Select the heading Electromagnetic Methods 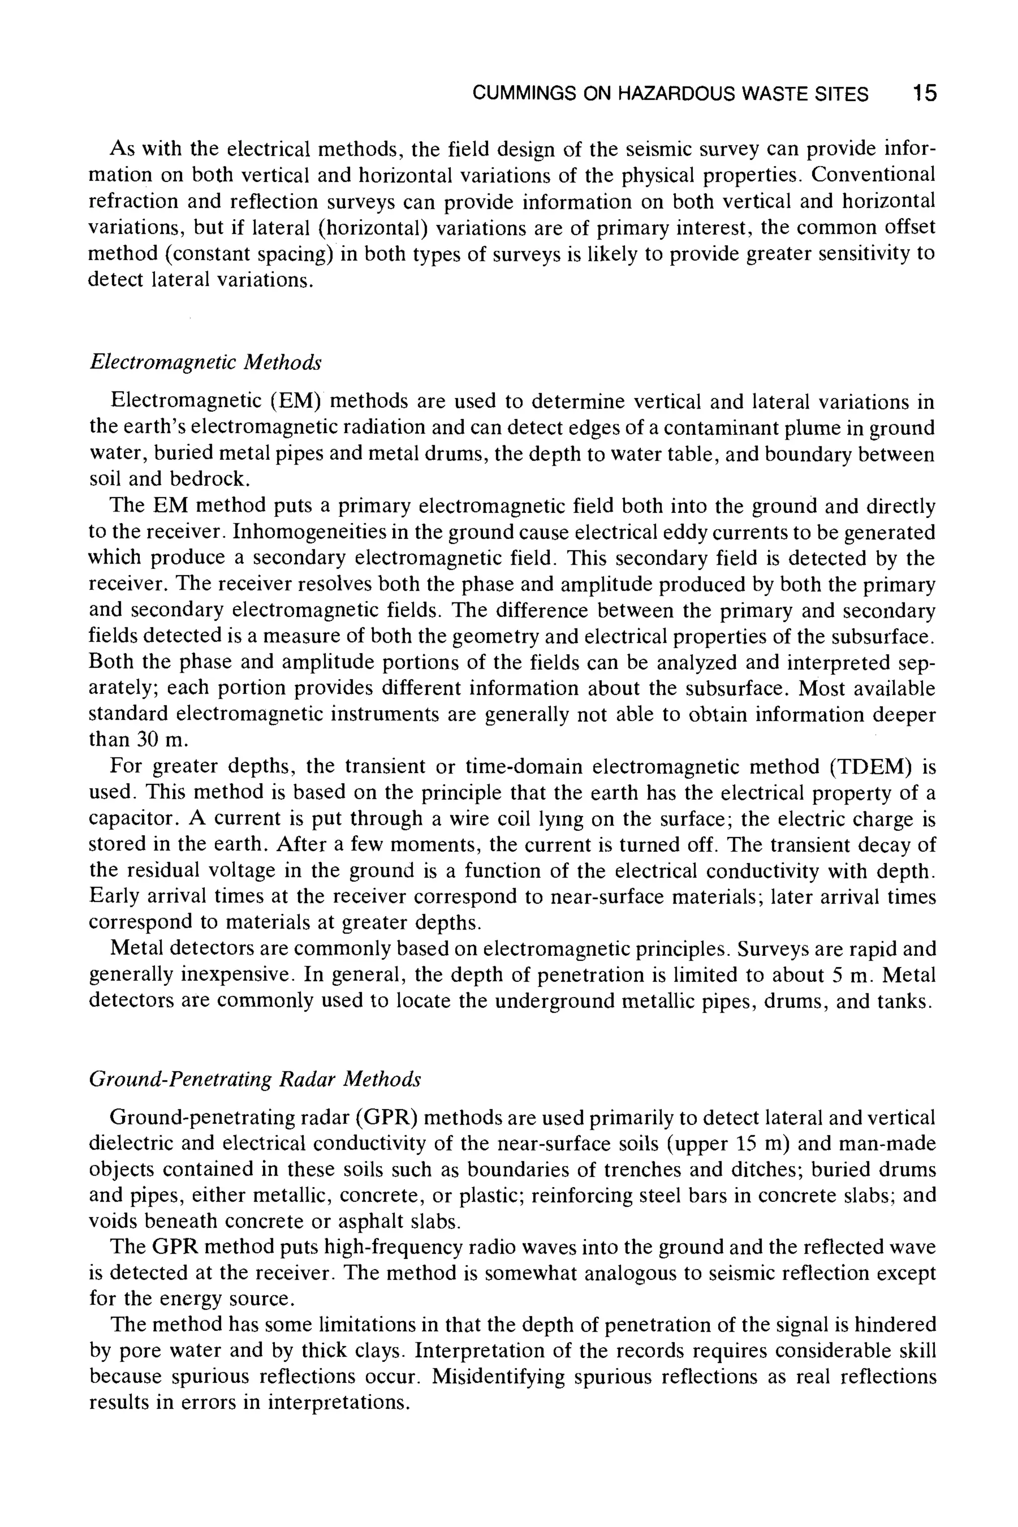(x=205, y=362)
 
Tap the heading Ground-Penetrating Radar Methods (x=254, y=1079)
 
